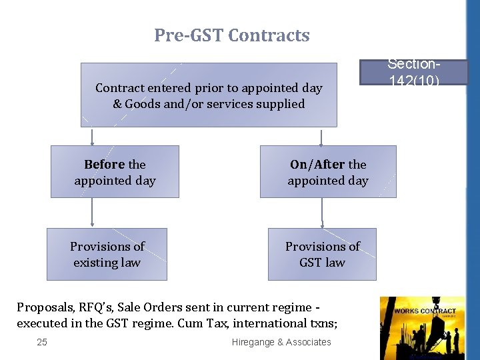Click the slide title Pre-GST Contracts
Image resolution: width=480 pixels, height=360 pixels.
pos(232,35)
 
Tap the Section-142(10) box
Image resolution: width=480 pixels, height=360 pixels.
pos(413,73)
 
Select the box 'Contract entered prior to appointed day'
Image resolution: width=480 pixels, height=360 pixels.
pos(209,95)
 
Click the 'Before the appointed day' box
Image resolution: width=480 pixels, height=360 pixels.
pos(115,171)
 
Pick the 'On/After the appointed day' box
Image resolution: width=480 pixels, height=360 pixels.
pos(327,171)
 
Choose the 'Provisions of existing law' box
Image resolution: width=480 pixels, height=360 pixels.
pos(107,254)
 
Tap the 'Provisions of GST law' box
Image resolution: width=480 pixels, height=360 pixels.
pos(322,254)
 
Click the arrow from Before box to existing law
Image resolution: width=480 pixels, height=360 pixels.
pos(92,213)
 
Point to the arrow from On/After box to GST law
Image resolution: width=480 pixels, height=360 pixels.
pos(322,213)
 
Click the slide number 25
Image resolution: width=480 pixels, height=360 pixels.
pos(43,342)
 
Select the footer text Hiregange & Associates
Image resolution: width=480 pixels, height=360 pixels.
pos(281,342)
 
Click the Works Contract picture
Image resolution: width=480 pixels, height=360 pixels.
pos(421,327)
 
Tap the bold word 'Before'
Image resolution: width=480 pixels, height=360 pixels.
pos(105,164)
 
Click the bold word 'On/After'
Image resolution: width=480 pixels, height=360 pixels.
pos(317,164)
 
